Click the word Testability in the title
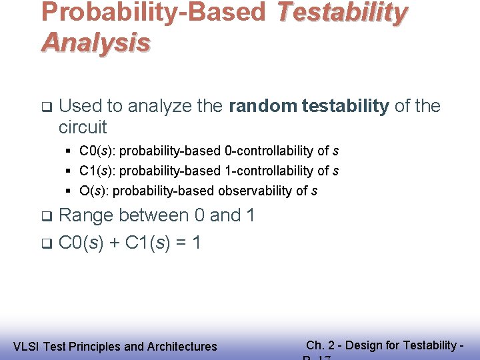pos(341,13)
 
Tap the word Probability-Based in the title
pos(153,13)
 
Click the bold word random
pos(263,106)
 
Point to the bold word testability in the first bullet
pos(345,106)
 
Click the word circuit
pos(83,127)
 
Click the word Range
pos(86,215)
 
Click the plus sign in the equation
pos(114,243)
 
